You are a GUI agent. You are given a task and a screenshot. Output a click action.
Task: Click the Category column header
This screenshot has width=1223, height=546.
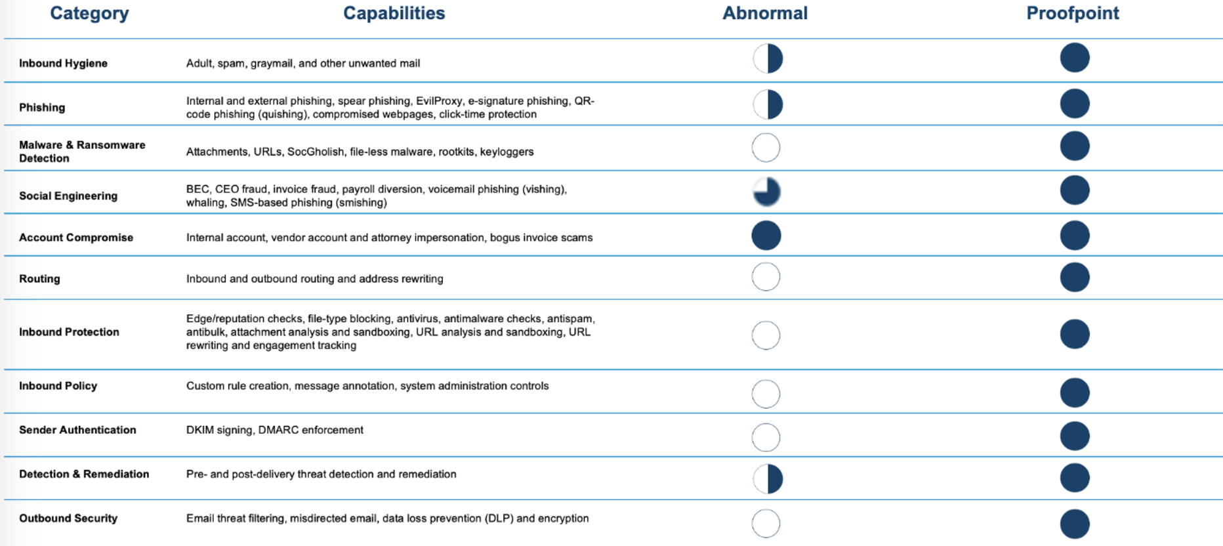tap(89, 13)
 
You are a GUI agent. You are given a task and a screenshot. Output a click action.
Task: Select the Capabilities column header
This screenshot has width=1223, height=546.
tap(394, 13)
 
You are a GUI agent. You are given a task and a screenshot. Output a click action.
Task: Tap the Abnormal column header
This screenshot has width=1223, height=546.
tap(764, 13)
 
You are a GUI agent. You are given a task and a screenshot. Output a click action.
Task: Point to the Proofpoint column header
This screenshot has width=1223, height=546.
tap(1072, 13)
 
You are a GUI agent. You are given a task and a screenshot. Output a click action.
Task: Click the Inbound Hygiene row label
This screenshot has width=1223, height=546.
tap(63, 63)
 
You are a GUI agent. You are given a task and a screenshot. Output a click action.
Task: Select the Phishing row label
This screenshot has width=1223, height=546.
tap(42, 107)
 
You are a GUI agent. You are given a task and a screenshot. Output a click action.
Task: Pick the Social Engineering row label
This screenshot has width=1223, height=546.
tap(68, 196)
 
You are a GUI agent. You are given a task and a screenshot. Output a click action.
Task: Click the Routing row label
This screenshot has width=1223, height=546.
tap(39, 278)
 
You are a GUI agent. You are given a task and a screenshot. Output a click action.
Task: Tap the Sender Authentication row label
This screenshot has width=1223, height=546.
tap(77, 430)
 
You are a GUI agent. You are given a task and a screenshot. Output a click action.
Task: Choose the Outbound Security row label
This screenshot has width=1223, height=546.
tap(68, 518)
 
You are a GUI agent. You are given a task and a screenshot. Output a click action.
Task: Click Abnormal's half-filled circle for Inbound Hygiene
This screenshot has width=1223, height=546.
tap(767, 58)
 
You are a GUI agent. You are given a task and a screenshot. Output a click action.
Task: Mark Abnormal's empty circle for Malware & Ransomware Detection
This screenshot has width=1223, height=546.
tap(766, 148)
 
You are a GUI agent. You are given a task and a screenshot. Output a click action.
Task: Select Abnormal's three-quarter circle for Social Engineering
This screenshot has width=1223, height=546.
tap(766, 192)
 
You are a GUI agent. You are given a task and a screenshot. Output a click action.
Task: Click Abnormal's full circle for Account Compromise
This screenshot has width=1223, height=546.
tap(766, 236)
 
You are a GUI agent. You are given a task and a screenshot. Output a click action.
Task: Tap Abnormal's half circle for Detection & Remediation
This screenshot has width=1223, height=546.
tap(767, 478)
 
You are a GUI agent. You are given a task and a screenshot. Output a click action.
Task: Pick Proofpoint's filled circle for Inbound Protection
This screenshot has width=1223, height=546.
tap(1074, 334)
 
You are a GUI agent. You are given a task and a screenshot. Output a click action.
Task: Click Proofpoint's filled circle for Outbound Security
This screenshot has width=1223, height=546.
tap(1074, 523)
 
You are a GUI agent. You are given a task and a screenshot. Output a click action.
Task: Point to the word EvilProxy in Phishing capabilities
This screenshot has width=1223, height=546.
tap(439, 100)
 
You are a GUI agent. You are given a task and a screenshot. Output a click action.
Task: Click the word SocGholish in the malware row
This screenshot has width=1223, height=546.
tap(316, 152)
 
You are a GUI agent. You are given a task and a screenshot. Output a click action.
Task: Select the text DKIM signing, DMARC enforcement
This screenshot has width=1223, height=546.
tap(274, 430)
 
